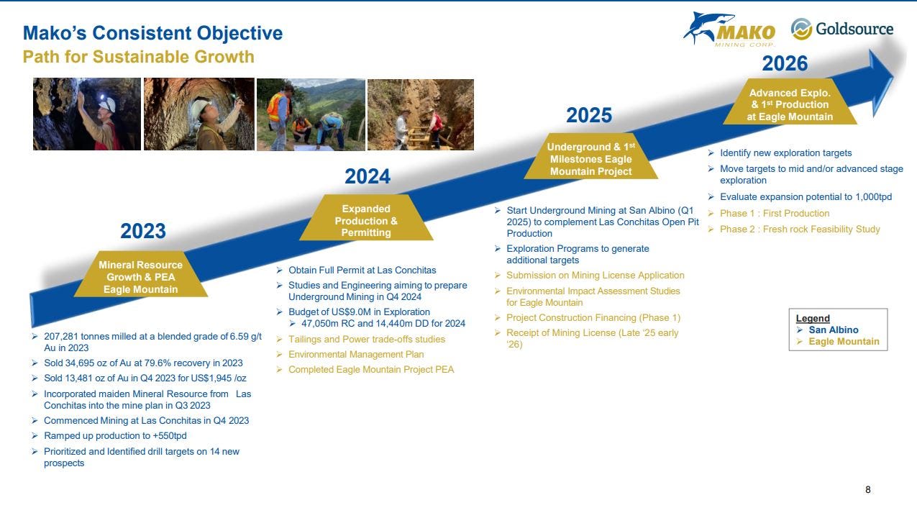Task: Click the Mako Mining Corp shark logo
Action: (729, 29)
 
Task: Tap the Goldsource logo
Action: (841, 29)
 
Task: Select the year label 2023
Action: (143, 231)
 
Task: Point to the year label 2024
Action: (368, 176)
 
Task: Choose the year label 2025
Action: (589, 115)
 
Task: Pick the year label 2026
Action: (785, 63)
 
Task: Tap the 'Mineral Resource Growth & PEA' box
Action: (140, 274)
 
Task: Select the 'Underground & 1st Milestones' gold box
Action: (590, 156)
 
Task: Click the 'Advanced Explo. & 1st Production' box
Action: (790, 101)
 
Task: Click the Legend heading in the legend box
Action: (813, 318)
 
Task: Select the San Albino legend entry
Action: (833, 330)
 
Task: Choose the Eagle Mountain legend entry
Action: (844, 342)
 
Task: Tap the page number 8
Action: (867, 490)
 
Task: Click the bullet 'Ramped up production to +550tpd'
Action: (115, 435)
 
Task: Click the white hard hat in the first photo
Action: (108, 104)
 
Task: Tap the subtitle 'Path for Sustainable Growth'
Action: (138, 57)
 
